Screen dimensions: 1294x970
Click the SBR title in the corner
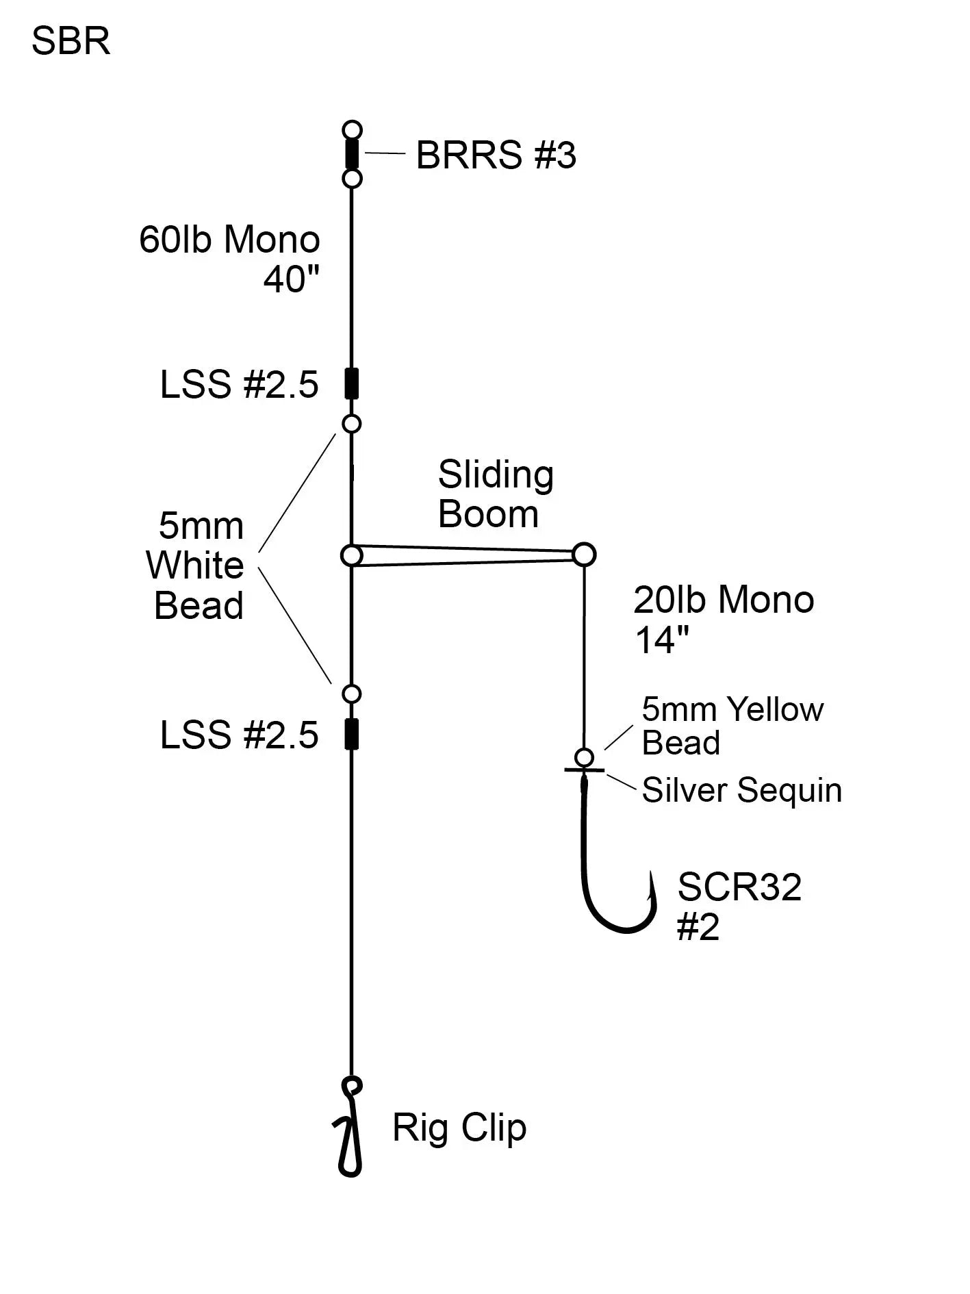point(71,41)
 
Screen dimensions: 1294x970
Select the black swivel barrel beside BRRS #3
point(351,154)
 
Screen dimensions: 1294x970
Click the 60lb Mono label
point(229,240)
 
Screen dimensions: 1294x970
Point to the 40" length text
point(292,279)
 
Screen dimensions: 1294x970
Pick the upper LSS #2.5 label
point(239,385)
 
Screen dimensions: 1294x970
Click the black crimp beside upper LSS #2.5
point(351,383)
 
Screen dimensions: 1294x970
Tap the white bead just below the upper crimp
point(351,424)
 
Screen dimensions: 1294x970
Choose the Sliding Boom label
point(495,494)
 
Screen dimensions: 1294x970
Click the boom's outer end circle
point(584,554)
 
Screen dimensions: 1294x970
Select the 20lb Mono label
point(724,600)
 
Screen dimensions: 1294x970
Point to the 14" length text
point(661,640)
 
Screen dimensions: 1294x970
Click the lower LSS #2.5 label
point(239,735)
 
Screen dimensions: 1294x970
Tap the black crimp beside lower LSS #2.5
point(351,734)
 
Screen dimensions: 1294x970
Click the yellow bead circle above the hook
point(584,757)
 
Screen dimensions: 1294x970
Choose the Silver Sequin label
point(741,790)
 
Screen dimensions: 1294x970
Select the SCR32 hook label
point(739,888)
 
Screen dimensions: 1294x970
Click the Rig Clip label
point(459,1128)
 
